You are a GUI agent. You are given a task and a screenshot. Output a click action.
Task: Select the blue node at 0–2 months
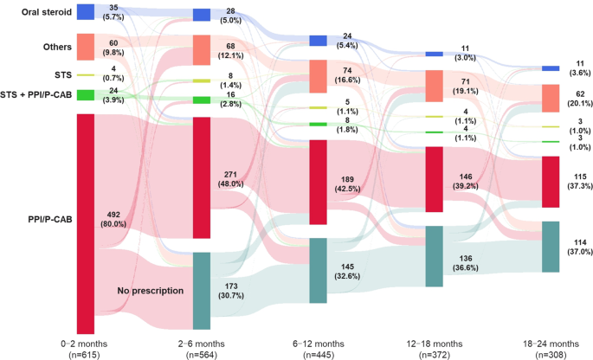coord(85,11)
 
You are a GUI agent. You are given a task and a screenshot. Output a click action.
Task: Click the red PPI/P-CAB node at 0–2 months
coord(85,223)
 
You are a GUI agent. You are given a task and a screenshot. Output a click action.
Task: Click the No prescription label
coord(150,291)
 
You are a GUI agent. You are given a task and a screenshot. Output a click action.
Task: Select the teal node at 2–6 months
coord(201,291)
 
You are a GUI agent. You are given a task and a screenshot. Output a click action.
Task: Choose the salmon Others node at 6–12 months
coord(318,76)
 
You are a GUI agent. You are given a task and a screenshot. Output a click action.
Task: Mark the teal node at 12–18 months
coord(435,256)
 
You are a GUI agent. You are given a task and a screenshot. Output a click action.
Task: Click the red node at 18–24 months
coord(551,182)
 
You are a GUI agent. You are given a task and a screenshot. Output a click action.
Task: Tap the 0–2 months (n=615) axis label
coord(85,349)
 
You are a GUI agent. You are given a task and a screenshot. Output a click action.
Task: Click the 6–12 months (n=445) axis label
coord(318,349)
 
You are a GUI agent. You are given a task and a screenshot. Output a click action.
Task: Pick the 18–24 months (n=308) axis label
coord(551,349)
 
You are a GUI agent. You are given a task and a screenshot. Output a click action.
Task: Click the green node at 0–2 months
coord(85,94)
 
